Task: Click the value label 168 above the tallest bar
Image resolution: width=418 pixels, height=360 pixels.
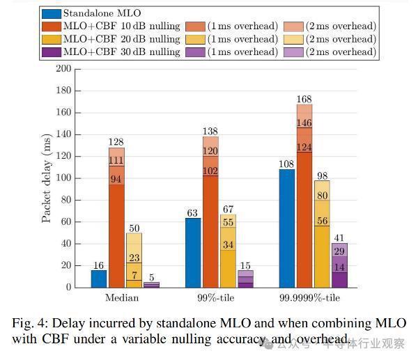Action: point(304,98)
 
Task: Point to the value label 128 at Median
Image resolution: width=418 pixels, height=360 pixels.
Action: point(116,142)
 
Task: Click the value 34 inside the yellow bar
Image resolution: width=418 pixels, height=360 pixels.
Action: point(228,245)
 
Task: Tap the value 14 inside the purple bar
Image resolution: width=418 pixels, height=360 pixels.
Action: point(340,267)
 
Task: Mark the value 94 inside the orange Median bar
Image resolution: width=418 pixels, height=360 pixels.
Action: point(116,180)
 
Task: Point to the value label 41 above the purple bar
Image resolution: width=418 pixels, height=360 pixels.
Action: point(340,237)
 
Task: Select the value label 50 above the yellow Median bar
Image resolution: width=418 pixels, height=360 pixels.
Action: point(134,227)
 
